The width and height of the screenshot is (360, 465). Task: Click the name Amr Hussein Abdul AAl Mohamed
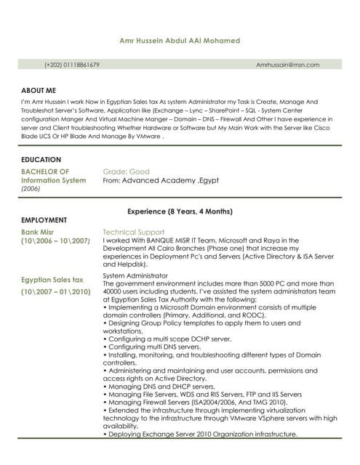(x=180, y=41)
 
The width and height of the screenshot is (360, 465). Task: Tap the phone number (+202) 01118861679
(x=72, y=65)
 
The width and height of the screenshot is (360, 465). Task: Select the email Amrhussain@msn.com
(x=288, y=65)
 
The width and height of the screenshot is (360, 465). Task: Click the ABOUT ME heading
(x=39, y=90)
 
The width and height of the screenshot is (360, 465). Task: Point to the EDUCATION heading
(x=41, y=159)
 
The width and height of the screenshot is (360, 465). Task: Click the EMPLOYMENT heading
(x=44, y=219)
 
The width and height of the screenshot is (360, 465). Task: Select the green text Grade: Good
(x=127, y=171)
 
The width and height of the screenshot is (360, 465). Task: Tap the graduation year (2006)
(x=31, y=188)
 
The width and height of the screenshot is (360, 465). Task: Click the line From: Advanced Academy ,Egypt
(x=161, y=180)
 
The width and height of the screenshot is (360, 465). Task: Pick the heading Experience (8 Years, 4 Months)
(x=180, y=211)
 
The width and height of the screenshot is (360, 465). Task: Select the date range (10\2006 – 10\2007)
(x=55, y=240)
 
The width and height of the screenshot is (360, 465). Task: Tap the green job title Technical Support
(x=134, y=232)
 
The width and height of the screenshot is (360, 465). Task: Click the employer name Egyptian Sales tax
(x=52, y=279)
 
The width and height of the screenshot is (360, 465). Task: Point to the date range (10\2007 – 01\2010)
(x=55, y=291)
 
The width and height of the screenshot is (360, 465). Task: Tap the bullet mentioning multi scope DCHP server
(x=167, y=339)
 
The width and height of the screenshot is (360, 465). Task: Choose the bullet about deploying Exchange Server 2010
(x=201, y=434)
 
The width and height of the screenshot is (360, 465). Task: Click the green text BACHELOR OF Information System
(x=53, y=176)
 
